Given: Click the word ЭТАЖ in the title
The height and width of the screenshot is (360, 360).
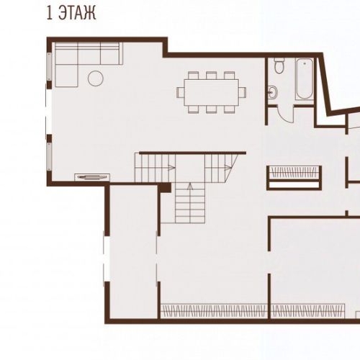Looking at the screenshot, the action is pyautogui.click(x=77, y=13).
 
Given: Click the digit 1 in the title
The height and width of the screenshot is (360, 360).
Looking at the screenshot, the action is pyautogui.click(x=50, y=13).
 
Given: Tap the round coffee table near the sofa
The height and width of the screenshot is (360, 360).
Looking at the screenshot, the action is pyautogui.click(x=96, y=78).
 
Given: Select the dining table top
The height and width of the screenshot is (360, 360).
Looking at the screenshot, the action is pyautogui.click(x=211, y=92).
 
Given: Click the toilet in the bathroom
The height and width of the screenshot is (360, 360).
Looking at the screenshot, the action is pyautogui.click(x=279, y=66).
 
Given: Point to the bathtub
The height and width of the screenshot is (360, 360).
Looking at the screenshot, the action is pyautogui.click(x=305, y=78).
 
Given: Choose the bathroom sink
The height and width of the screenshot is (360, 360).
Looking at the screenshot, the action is pyautogui.click(x=272, y=91).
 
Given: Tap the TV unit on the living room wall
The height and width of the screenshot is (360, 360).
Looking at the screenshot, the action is pyautogui.click(x=92, y=177).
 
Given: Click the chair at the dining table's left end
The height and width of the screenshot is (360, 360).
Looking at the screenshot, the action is pyautogui.click(x=181, y=92).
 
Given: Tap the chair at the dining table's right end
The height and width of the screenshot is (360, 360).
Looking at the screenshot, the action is pyautogui.click(x=243, y=92).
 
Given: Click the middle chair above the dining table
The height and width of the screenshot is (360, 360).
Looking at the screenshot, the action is pyautogui.click(x=211, y=76).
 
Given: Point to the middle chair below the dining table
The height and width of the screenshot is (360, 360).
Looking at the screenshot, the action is pyautogui.click(x=211, y=109).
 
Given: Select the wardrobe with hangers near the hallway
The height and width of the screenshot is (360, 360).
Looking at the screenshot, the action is pyautogui.click(x=294, y=178).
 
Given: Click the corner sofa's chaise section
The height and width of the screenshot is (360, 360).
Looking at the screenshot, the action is pyautogui.click(x=66, y=76).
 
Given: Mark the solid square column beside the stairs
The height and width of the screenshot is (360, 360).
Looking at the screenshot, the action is pyautogui.click(x=166, y=187).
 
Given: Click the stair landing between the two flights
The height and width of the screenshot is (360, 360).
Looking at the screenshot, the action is pyautogui.click(x=190, y=168).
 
